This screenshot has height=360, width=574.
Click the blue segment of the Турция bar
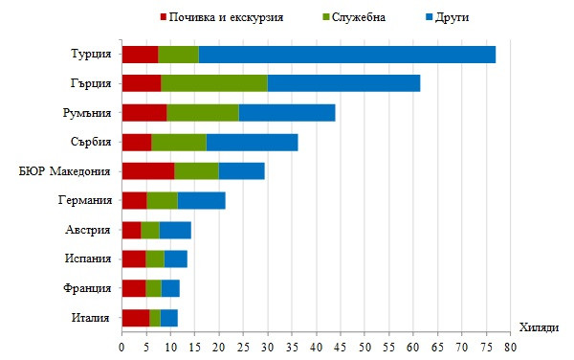coord(347,55)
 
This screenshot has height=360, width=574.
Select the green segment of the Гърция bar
coord(214,83)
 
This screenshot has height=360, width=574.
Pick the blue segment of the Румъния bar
coord(287,113)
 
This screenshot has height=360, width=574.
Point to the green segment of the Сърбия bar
coord(179,142)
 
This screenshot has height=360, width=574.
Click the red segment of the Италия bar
coord(136,318)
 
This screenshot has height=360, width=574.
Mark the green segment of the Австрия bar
coord(150,230)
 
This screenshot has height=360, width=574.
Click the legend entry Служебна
coord(354,17)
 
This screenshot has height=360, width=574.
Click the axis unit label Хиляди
coord(539,328)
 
